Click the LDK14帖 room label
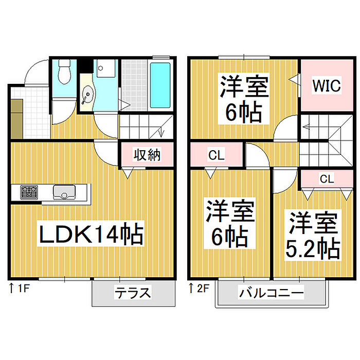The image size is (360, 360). click(x=91, y=233)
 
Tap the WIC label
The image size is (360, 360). click(x=327, y=85)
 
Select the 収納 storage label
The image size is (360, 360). click(x=147, y=155)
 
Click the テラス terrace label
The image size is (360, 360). click(x=133, y=293)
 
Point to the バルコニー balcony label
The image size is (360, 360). click(x=271, y=293)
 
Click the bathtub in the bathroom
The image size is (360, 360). click(x=160, y=85)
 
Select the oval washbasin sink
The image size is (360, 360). click(x=87, y=95)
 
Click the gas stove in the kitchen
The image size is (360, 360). click(x=29, y=192)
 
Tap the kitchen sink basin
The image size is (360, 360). click(x=64, y=192)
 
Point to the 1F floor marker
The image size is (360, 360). click(x=20, y=289)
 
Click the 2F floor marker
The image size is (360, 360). click(x=200, y=289)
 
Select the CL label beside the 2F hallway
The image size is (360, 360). click(x=217, y=155)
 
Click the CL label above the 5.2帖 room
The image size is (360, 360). click(x=327, y=179)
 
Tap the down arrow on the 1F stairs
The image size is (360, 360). click(x=161, y=132)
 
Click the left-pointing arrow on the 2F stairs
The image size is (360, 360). click(x=307, y=127)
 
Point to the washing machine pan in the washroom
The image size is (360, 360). click(x=106, y=68)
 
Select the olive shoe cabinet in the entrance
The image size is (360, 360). click(x=17, y=119)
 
